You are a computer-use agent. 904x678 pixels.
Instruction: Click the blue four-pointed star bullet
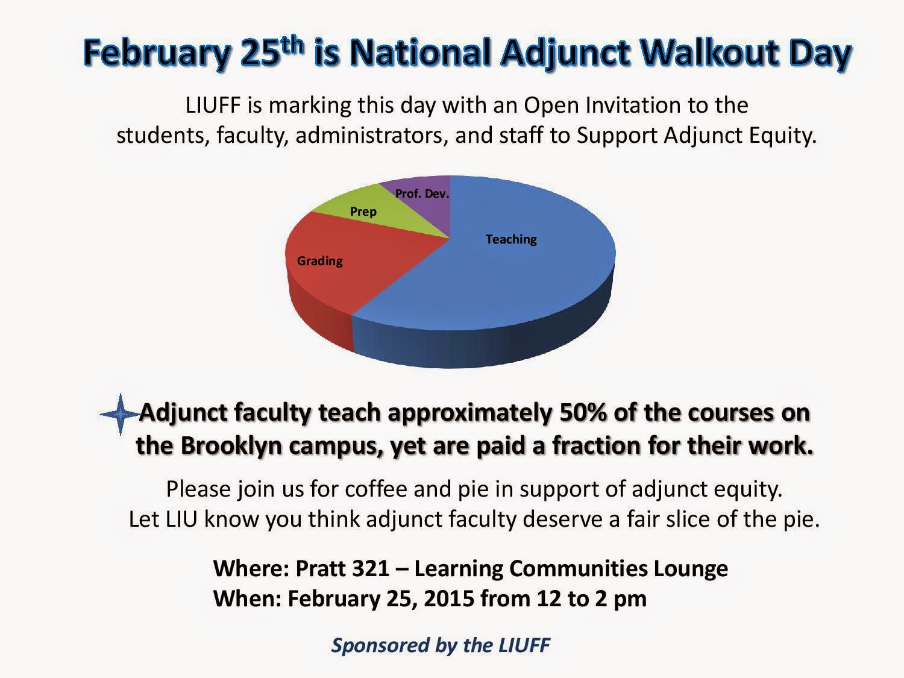pyautogui.click(x=120, y=415)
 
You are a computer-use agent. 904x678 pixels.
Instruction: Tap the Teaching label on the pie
pyautogui.click(x=511, y=240)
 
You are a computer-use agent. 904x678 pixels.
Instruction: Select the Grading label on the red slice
pyautogui.click(x=320, y=261)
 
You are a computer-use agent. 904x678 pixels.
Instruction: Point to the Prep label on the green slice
pyautogui.click(x=363, y=212)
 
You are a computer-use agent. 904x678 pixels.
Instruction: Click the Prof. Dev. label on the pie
pyautogui.click(x=422, y=193)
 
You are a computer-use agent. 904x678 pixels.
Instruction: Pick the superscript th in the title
pyautogui.click(x=291, y=45)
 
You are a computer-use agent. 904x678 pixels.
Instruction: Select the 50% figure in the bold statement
pyautogui.click(x=582, y=413)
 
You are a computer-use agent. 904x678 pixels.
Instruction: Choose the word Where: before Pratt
pyautogui.click(x=251, y=568)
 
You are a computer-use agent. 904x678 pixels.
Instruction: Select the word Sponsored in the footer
pyautogui.click(x=380, y=645)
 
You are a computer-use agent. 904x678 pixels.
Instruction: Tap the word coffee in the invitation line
pyautogui.click(x=377, y=489)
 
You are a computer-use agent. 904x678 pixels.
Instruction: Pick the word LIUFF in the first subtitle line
pyautogui.click(x=213, y=105)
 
